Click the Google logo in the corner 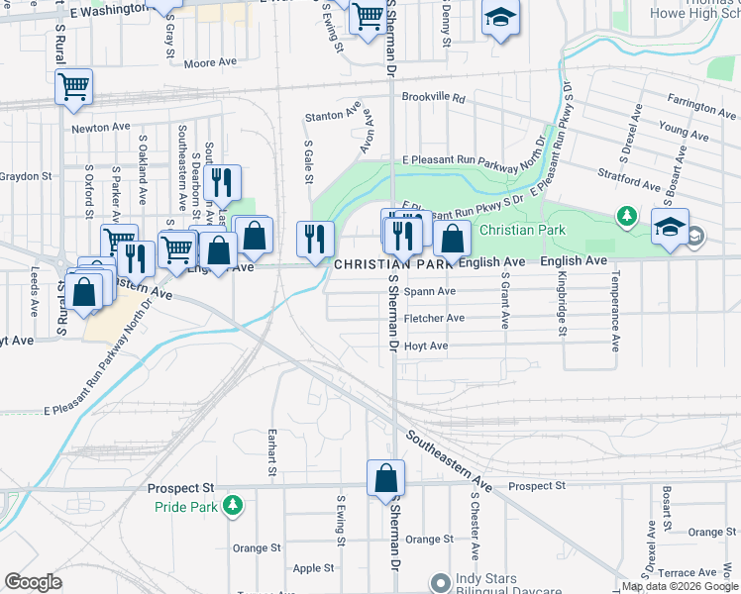(33, 582)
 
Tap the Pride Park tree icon (233, 506)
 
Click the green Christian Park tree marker (625, 215)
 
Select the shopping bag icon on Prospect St (385, 479)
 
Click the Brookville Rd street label (433, 98)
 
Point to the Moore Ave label (210, 62)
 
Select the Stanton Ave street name (332, 115)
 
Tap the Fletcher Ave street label (433, 318)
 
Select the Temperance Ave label (615, 312)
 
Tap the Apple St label (314, 568)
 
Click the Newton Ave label (101, 129)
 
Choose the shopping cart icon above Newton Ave (74, 87)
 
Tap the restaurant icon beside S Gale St (315, 239)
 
